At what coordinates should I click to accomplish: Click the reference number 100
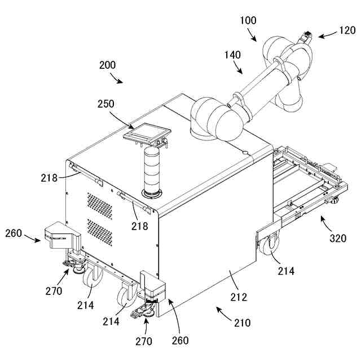[248, 21]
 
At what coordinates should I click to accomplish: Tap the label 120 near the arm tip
[347, 31]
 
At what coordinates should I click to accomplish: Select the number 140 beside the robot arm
[232, 55]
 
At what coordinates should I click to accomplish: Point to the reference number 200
[108, 65]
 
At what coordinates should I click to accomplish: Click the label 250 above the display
[105, 104]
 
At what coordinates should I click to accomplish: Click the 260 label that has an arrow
[14, 233]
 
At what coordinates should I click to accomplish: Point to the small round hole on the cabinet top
[245, 152]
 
